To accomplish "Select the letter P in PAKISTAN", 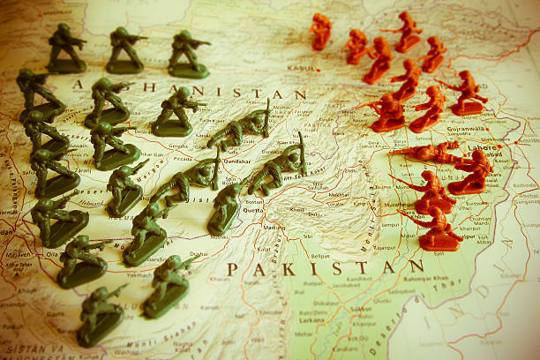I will coord(232,268).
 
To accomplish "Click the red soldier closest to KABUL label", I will coord(320,32).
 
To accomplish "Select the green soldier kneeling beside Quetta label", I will coord(225,209).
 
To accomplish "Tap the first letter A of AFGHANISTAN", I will coord(78,85).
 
